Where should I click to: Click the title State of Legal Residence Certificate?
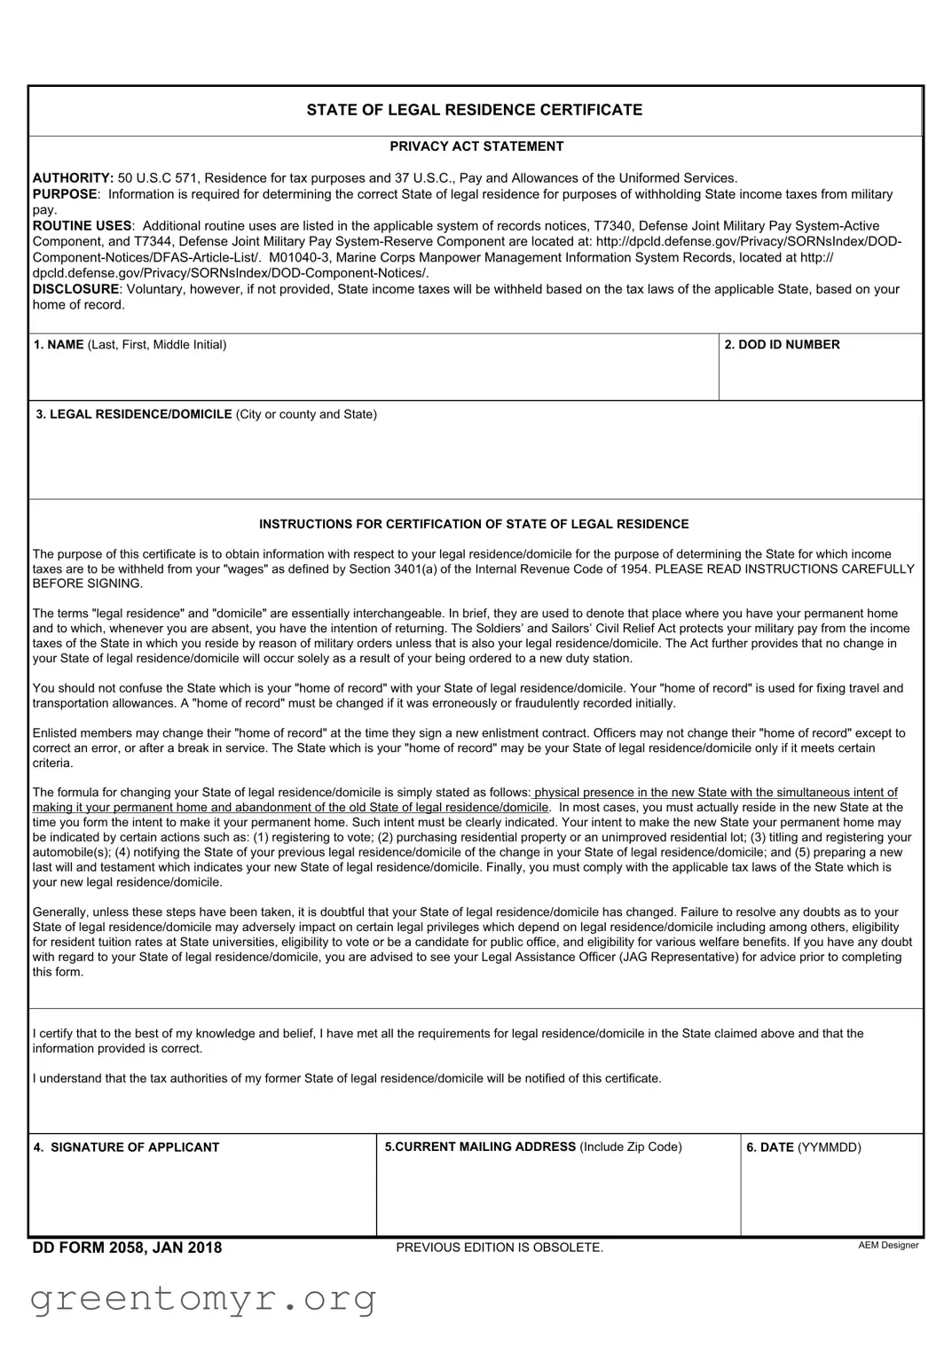tap(475, 110)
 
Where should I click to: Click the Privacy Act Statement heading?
tap(476, 146)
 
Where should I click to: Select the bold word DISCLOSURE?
tap(75, 289)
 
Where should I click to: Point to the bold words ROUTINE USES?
tap(82, 226)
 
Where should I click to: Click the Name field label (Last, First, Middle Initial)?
tap(130, 345)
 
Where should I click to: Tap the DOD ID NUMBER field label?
tap(782, 345)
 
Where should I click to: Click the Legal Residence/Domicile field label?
tap(206, 414)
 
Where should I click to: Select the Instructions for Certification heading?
tap(474, 524)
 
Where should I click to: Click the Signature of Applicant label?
tap(126, 1147)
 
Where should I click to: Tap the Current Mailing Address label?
tap(532, 1147)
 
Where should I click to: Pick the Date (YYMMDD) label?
tap(803, 1147)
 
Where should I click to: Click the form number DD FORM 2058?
tap(127, 1248)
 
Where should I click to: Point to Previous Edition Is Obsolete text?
tap(500, 1248)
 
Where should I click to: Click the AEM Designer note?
tap(888, 1245)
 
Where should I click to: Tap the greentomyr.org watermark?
tap(203, 1299)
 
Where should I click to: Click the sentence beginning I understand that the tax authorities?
tap(347, 1078)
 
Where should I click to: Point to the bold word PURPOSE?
tap(65, 194)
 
